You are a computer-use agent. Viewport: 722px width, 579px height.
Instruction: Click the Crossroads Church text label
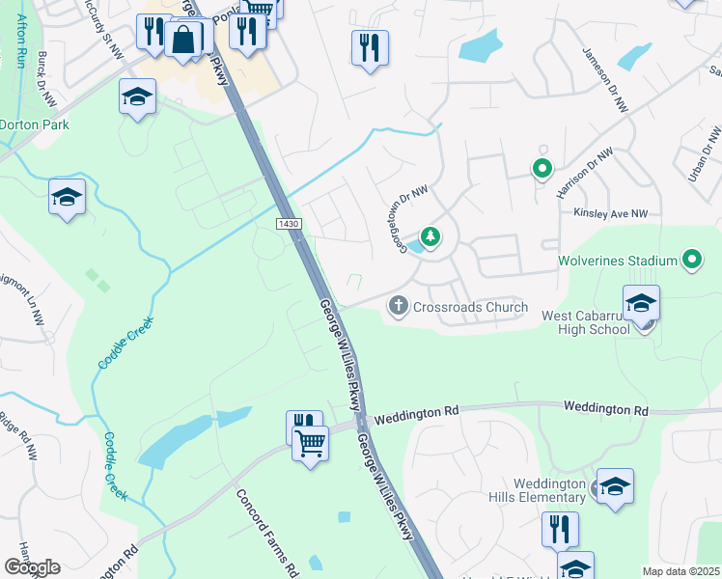tap(470, 308)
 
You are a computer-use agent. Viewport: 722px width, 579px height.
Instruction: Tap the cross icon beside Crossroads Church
tap(398, 308)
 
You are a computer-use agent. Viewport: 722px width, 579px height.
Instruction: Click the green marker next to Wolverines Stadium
tap(691, 260)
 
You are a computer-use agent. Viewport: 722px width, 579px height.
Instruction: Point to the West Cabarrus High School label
tap(586, 322)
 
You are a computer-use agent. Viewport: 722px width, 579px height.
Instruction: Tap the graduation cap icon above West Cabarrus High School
tap(642, 303)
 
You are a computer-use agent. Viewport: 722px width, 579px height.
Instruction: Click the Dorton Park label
tap(35, 124)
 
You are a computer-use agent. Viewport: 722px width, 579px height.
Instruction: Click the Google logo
tap(32, 567)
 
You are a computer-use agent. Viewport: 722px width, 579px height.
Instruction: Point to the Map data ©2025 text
tap(681, 571)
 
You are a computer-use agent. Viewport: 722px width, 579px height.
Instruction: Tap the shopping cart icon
tap(311, 444)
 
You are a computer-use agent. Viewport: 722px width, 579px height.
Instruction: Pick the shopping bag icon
tap(182, 40)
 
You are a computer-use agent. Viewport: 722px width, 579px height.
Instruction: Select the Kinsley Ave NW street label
tap(614, 213)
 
